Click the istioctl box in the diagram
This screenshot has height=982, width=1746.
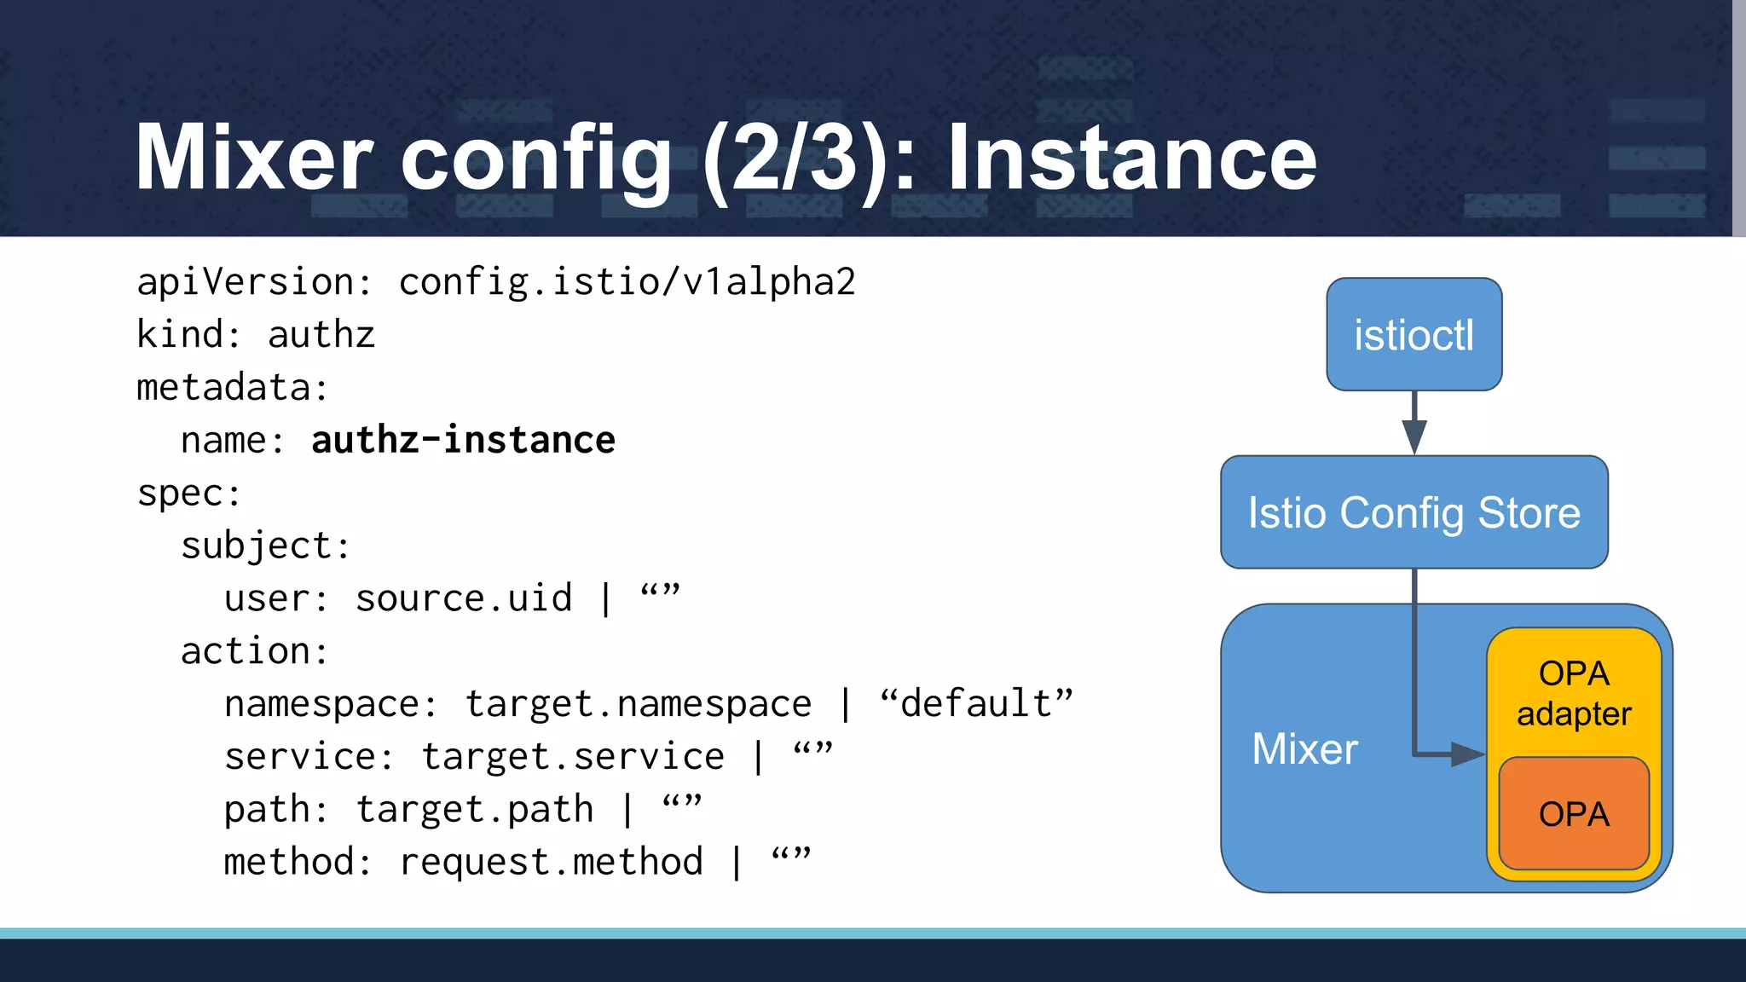[1414, 334]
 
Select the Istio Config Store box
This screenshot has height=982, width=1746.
[1414, 512]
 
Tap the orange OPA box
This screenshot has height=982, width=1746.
[1574, 814]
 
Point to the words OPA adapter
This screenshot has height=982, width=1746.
[1574, 693]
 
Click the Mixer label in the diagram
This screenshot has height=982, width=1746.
[1304, 749]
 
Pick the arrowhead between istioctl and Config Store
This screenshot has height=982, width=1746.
[1414, 436]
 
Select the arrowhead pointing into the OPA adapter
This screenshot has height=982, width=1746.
[1468, 754]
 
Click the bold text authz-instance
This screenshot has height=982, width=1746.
[463, 441]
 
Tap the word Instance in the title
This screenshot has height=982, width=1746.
[1131, 158]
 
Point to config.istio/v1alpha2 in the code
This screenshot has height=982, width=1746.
[627, 282]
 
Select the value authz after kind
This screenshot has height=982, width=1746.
[321, 335]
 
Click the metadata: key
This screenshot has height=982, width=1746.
[233, 388]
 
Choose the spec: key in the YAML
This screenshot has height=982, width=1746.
[189, 494]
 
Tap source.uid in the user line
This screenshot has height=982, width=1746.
[464, 598]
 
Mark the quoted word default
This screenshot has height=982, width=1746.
[977, 704]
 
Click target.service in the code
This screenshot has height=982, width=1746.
[573, 757]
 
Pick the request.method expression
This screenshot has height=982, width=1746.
[551, 862]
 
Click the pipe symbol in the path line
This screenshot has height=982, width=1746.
[627, 810]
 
